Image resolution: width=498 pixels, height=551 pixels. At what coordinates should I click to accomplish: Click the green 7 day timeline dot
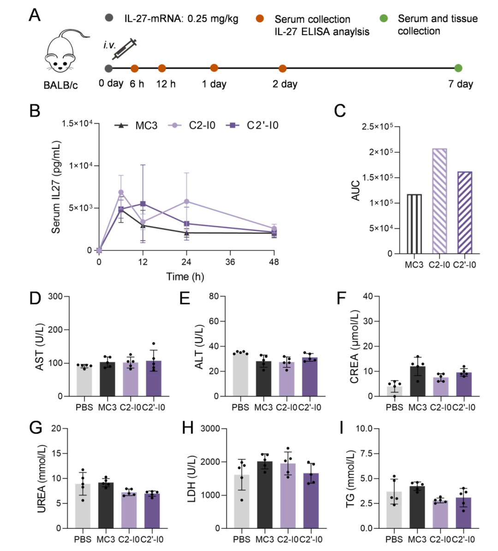(x=458, y=68)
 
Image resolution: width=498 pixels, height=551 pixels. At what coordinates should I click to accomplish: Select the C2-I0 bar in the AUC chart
(x=439, y=201)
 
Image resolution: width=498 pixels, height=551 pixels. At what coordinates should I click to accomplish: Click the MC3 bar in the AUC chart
(x=414, y=224)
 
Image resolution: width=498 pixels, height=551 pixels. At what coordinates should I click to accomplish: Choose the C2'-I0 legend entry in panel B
(x=253, y=125)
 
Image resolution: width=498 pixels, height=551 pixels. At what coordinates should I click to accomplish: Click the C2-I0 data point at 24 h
(x=186, y=201)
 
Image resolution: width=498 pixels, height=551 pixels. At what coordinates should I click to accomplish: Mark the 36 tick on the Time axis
(x=230, y=262)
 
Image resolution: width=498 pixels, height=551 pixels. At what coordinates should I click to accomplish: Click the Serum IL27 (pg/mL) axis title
(x=56, y=187)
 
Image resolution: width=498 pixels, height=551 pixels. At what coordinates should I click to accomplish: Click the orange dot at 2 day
(x=283, y=68)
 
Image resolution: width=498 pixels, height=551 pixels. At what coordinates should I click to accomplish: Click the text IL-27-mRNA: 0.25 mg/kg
(x=181, y=19)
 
